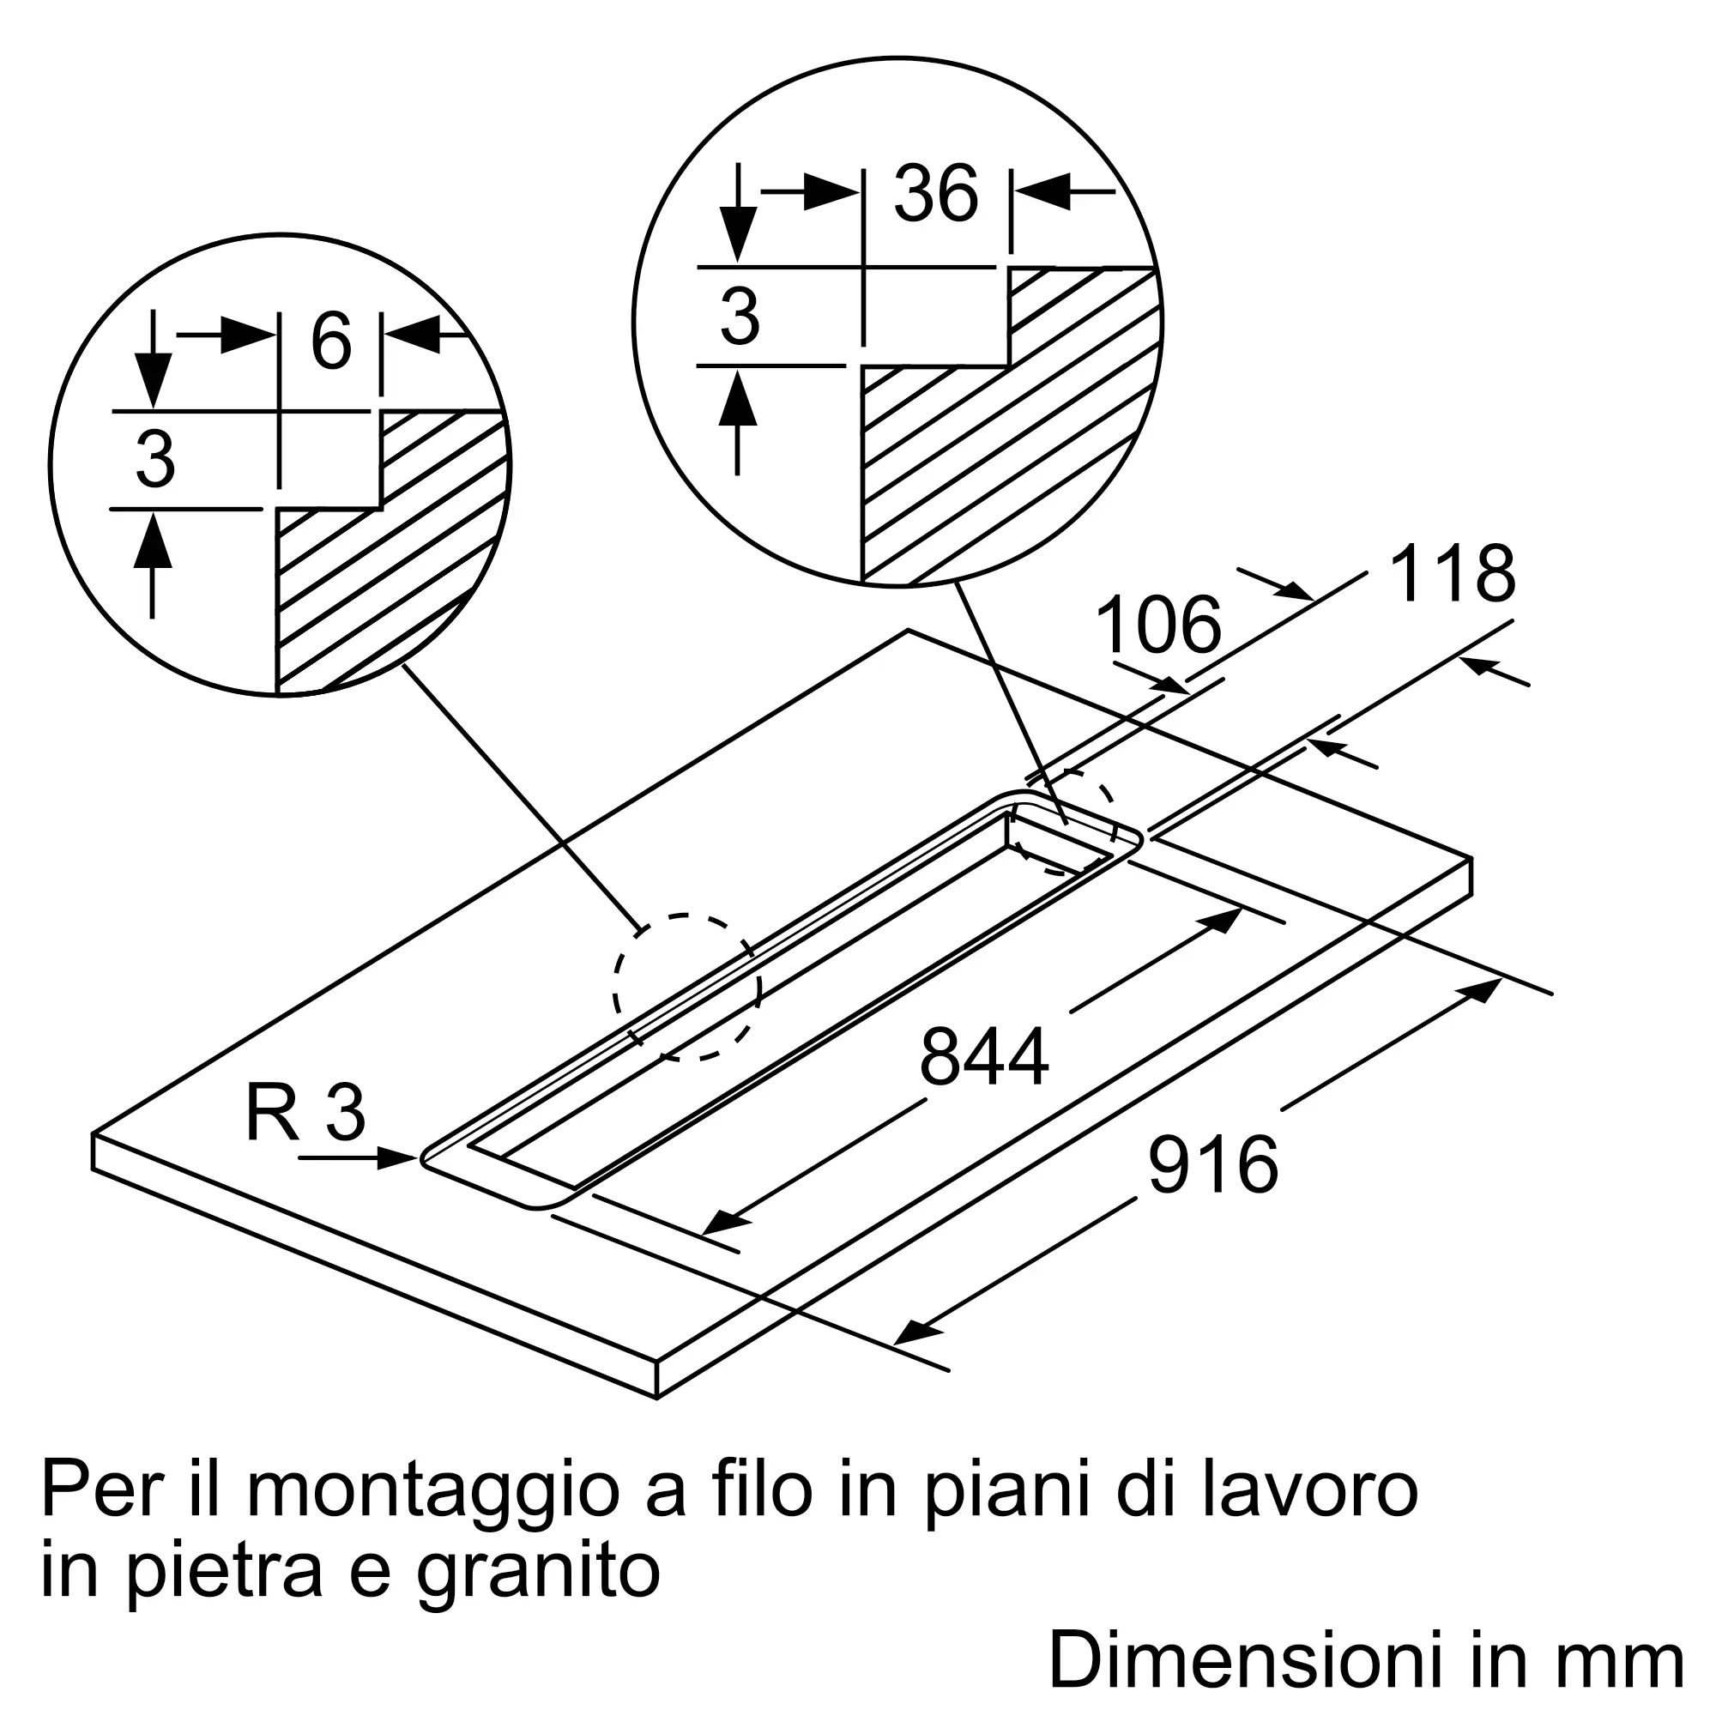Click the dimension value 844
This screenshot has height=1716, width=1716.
[x=984, y=1057]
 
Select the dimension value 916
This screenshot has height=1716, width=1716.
[x=1213, y=1164]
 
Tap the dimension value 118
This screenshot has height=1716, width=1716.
[x=1453, y=574]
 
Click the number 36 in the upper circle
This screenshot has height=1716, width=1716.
[x=936, y=193]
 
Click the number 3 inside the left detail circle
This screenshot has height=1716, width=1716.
[x=155, y=459]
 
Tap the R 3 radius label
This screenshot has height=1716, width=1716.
[x=305, y=1113]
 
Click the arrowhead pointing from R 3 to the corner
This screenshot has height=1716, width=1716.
[x=398, y=1158]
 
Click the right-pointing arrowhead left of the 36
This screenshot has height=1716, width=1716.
[x=831, y=191]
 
